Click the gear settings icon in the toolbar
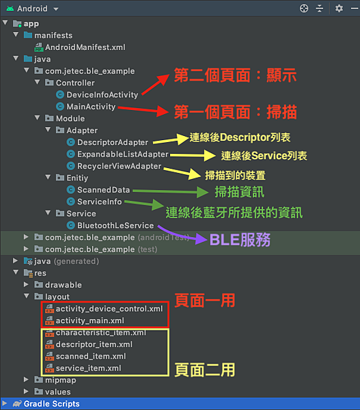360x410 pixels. [x=339, y=8]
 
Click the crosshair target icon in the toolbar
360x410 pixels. [x=304, y=8]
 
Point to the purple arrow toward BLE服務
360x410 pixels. [x=180, y=235]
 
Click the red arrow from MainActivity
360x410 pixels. [x=143, y=109]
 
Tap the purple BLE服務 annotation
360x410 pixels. [x=240, y=240]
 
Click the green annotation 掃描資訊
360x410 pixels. [x=240, y=192]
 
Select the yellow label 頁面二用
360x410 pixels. [x=205, y=370]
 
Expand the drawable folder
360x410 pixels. [x=26, y=284]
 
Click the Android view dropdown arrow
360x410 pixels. [x=56, y=9]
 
